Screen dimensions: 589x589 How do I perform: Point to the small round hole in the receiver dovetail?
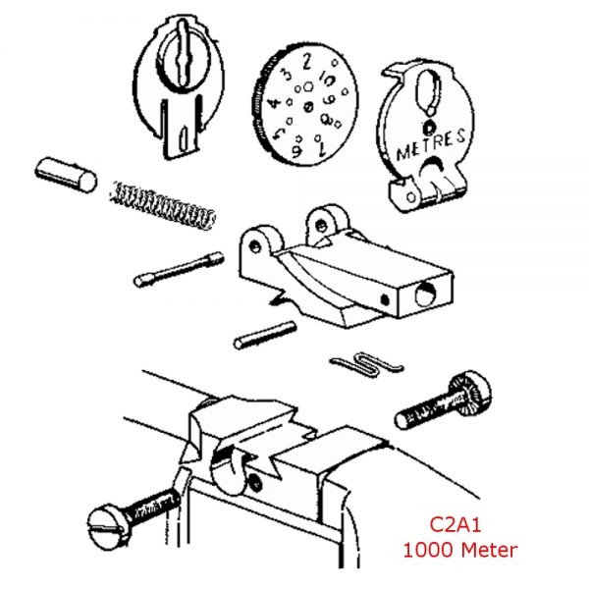click(x=255, y=481)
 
